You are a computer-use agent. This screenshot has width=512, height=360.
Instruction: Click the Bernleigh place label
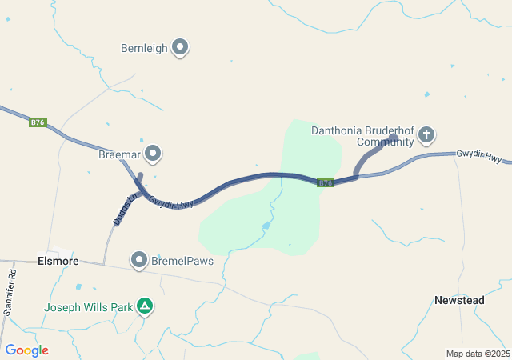(x=144, y=48)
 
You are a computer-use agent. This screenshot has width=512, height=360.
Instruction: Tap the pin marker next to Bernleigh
(x=180, y=48)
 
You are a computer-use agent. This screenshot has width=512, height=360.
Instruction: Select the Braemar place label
(x=119, y=152)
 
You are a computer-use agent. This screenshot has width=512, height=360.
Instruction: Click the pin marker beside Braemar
(x=153, y=152)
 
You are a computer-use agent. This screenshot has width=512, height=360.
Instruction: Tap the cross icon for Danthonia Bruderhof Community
(x=426, y=134)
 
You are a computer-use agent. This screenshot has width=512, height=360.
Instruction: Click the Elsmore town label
(x=58, y=261)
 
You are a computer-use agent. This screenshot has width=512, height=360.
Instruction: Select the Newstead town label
(x=459, y=300)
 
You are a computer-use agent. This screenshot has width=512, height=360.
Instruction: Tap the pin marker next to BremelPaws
(x=139, y=260)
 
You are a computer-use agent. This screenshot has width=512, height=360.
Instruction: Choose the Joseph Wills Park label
(x=88, y=306)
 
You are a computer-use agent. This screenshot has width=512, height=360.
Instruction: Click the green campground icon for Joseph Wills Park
(x=145, y=306)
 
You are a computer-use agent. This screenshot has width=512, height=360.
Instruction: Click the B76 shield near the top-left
(x=38, y=122)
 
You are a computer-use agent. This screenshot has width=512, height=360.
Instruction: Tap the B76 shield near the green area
(x=325, y=183)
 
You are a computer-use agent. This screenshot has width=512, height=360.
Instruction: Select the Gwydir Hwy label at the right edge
(x=479, y=156)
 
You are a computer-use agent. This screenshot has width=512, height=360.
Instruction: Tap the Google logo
(x=26, y=350)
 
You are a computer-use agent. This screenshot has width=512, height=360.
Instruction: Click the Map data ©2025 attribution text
(x=478, y=354)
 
